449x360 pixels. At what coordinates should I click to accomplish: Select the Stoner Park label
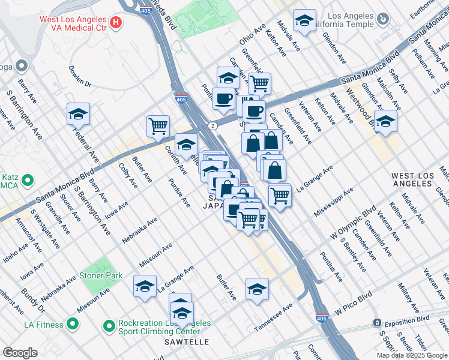[103, 275]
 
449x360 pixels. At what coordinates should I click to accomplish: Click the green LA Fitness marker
[73, 325]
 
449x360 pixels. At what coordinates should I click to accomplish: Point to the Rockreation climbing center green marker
[109, 326]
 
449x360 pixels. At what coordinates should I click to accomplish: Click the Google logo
[20, 352]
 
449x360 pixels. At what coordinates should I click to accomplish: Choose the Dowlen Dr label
[79, 76]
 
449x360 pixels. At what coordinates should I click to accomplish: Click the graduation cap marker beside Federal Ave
[78, 113]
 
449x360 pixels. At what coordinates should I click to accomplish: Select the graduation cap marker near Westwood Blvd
[385, 121]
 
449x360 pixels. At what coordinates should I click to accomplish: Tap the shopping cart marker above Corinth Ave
[158, 126]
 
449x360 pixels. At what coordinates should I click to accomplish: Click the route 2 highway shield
[213, 125]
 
